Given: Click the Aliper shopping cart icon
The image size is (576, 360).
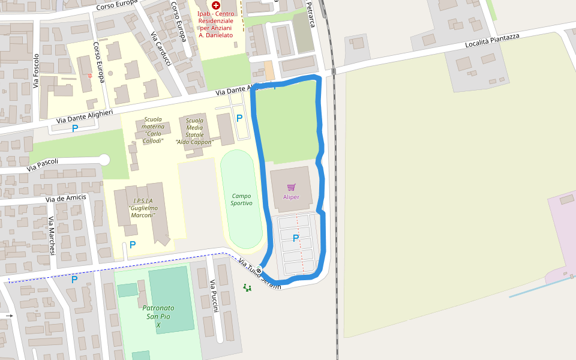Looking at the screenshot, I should coord(291,187).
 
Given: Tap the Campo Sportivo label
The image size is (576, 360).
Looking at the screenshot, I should coord(241,200).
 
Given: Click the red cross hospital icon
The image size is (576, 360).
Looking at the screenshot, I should coord(216,5).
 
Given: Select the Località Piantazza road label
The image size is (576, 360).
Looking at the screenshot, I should coord(493,41).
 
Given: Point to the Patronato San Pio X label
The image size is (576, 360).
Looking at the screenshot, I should coord(158,316).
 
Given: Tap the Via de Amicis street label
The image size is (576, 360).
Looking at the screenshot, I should coord(66,199).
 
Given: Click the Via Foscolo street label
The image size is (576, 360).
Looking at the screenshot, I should coord(37,71).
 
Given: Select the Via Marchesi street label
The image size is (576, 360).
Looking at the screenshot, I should coord(52,235).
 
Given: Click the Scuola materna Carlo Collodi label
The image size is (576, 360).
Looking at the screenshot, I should coord(153,130).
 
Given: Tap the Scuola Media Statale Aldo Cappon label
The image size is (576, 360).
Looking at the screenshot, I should coord(194,131).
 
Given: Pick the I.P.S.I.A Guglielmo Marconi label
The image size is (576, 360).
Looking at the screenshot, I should coord(143,208).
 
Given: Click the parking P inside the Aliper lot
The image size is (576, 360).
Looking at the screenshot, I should coord(295,238).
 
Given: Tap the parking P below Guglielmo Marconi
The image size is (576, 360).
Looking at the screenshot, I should coord(133,245).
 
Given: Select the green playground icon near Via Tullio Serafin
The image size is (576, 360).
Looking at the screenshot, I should coord(247,287).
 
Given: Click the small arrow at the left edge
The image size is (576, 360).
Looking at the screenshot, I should coord(9,315).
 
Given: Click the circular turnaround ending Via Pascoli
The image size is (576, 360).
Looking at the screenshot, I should coord(104,160).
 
